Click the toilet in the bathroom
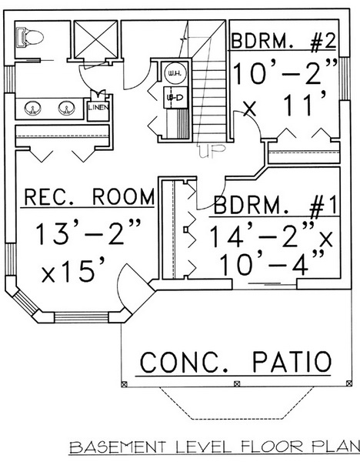(29, 37)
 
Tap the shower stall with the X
(95, 39)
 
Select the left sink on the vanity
(31, 109)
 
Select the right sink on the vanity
(65, 108)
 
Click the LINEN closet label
(99, 108)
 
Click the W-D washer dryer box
(175, 97)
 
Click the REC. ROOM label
(89, 197)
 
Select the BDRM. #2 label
(284, 42)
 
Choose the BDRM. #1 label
(275, 205)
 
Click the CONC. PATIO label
(235, 362)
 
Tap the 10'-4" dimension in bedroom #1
(272, 264)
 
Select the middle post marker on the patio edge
(237, 384)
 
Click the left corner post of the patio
(124, 384)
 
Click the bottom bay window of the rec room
(82, 317)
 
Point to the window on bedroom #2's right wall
(345, 79)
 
